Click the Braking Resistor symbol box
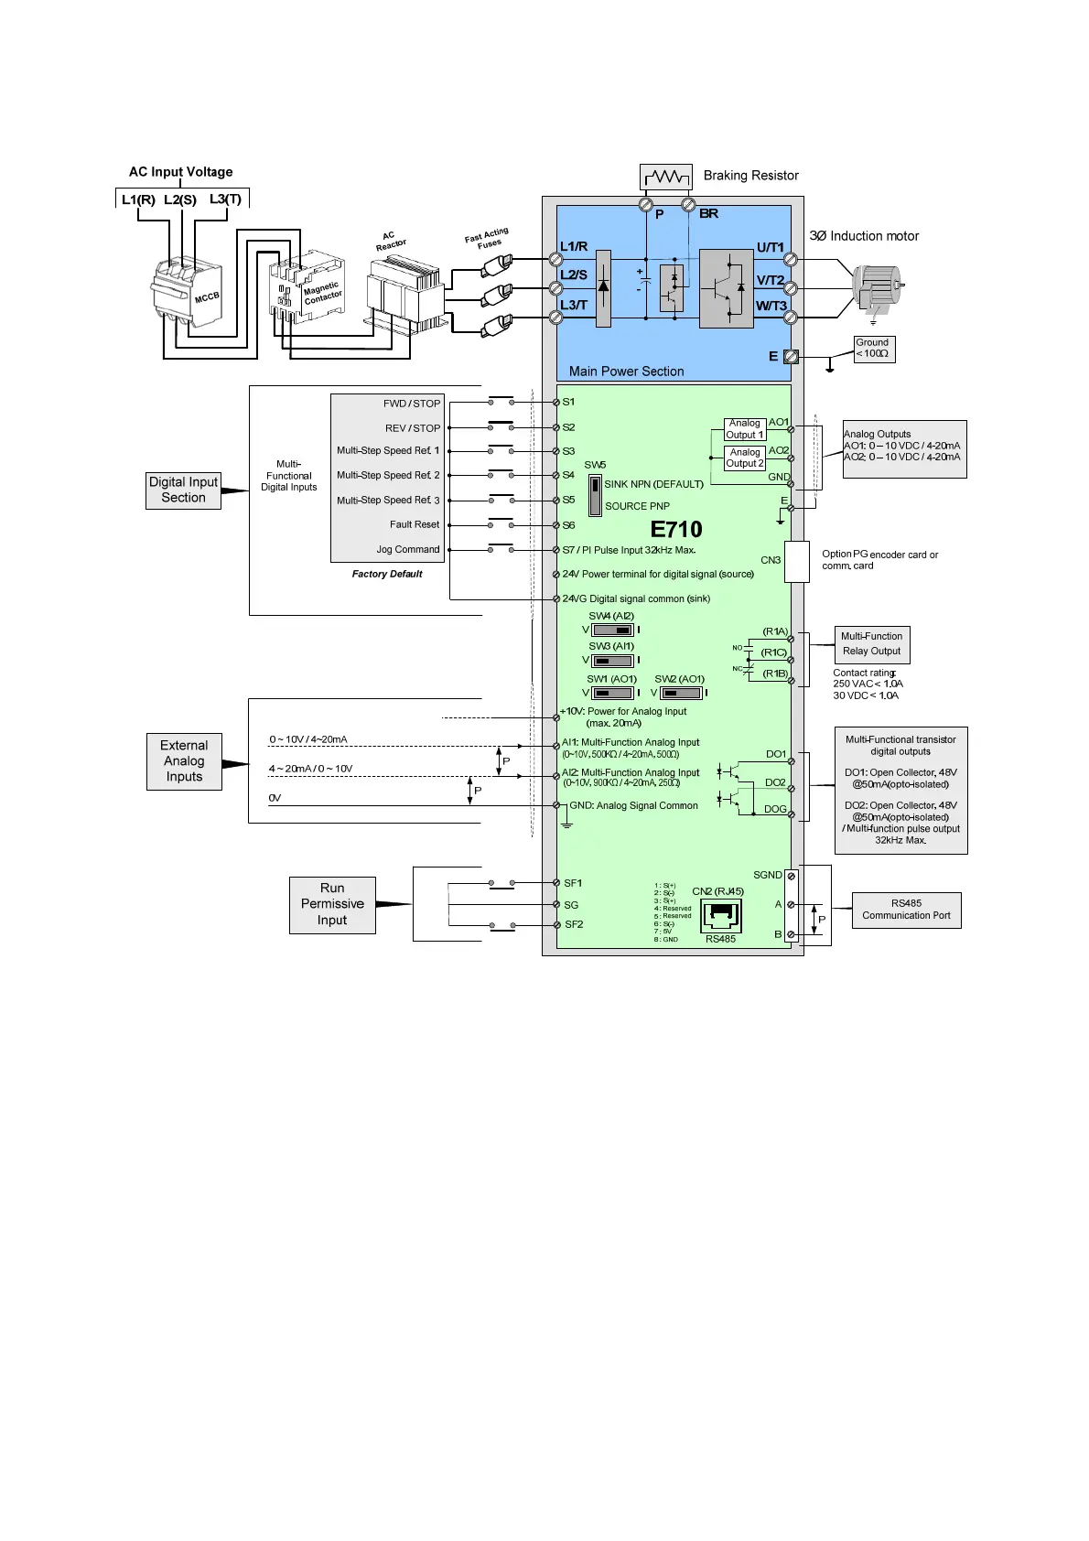[x=665, y=176]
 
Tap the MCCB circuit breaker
[x=187, y=291]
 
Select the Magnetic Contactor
[x=307, y=286]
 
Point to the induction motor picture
[x=876, y=286]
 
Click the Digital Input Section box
[x=183, y=490]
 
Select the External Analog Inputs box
[x=184, y=761]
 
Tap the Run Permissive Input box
[x=332, y=905]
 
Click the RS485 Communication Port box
[x=906, y=911]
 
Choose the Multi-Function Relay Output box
[x=871, y=644]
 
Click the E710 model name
[x=676, y=530]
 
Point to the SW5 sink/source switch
[x=595, y=495]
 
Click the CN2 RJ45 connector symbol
[x=721, y=915]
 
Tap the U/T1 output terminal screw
[x=791, y=260]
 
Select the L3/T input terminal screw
[x=555, y=317]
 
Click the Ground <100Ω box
[x=873, y=349]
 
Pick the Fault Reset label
[x=415, y=525]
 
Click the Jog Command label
[x=408, y=550]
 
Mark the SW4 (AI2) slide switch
[x=612, y=630]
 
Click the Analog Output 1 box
[x=745, y=429]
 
